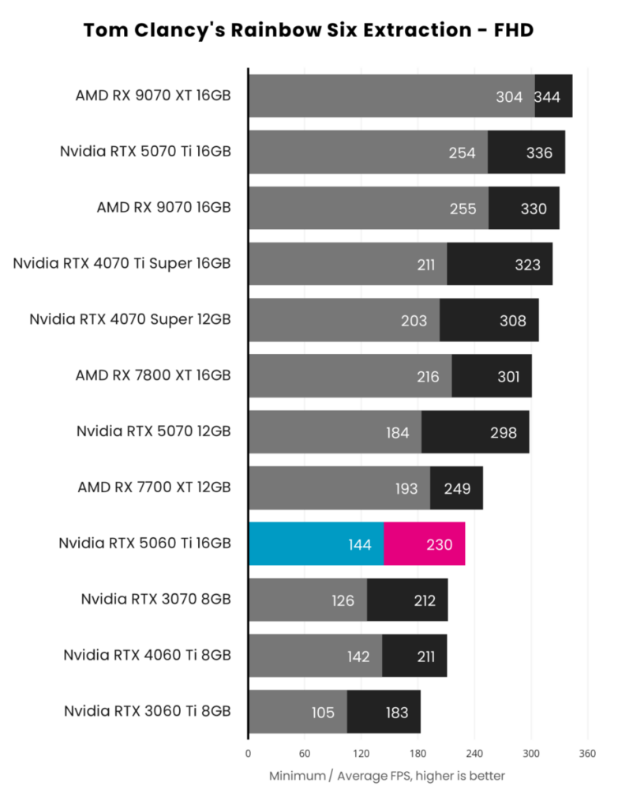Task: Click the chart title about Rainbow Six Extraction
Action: (309, 31)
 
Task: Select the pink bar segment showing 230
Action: (424, 544)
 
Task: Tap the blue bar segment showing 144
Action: (316, 544)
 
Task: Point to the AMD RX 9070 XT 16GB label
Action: (153, 96)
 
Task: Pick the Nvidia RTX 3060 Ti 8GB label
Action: (148, 711)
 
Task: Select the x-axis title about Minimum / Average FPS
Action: (387, 776)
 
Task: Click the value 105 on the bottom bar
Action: (324, 713)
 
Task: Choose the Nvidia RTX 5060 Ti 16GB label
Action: (144, 543)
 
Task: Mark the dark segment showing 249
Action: (456, 488)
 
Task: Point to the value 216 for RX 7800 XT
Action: (428, 376)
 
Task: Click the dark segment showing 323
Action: (500, 264)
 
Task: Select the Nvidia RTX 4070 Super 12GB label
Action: (130, 319)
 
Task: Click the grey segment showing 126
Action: (308, 600)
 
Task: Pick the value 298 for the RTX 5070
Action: (503, 432)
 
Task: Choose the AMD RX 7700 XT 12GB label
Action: (154, 487)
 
